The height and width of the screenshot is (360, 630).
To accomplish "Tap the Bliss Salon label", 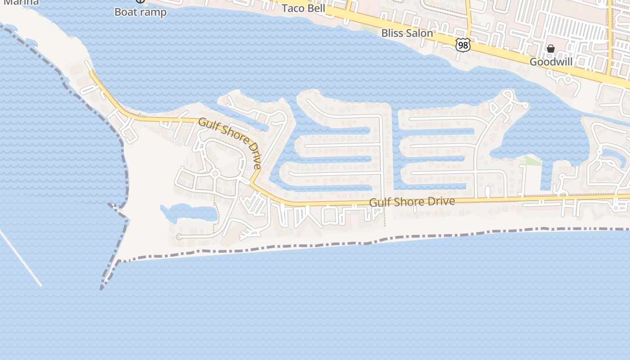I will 407,33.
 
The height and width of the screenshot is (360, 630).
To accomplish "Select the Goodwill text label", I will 551,62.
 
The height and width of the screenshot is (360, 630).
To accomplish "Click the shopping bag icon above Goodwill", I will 551,49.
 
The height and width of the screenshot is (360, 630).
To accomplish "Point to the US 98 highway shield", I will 463,45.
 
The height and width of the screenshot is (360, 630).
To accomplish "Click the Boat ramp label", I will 140,12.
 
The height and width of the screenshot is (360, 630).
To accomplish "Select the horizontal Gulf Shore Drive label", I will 412,202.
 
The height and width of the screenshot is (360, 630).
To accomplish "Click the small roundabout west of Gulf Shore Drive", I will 215,174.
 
